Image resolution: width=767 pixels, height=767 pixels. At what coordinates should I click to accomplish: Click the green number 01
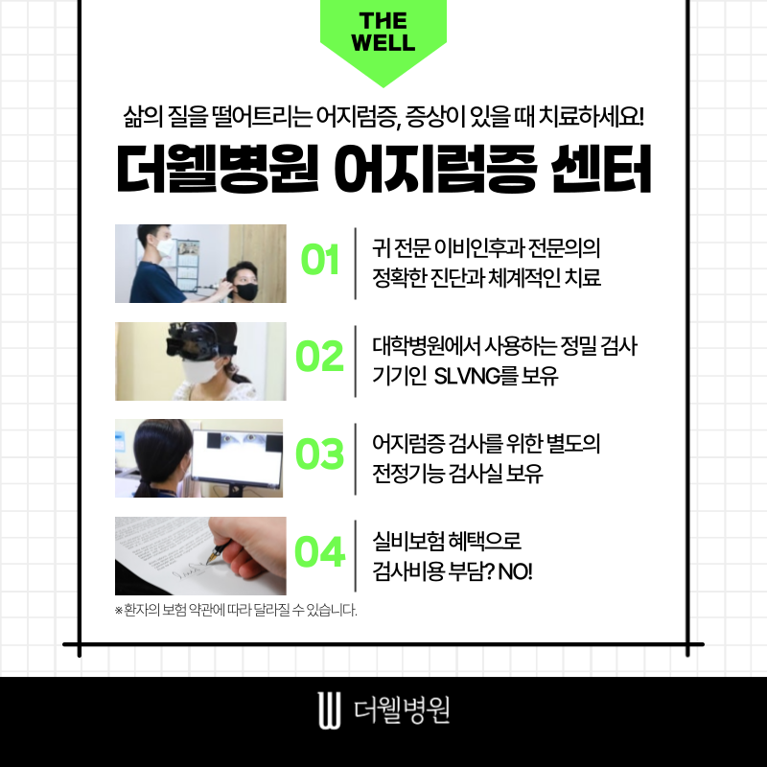[x=320, y=259]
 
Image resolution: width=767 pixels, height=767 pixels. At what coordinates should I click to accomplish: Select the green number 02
[x=320, y=356]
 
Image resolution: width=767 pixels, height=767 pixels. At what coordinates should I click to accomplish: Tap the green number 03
[x=320, y=453]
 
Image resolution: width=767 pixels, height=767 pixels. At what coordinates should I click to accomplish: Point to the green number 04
[x=320, y=552]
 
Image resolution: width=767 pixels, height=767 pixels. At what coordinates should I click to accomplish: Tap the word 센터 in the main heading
[x=601, y=169]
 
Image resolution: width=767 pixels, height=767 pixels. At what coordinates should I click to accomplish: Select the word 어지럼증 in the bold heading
[x=435, y=169]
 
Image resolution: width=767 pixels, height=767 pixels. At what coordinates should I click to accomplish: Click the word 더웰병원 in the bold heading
[x=218, y=169]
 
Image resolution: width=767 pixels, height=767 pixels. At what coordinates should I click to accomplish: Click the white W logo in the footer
[x=329, y=710]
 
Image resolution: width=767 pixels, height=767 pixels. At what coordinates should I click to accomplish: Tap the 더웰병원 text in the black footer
[x=402, y=710]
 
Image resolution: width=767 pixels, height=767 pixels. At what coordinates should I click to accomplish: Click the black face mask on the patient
[x=246, y=291]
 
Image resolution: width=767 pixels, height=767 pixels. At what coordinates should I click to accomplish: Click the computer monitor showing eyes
[x=237, y=461]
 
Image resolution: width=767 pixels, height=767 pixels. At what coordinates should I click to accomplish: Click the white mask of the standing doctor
[x=165, y=247]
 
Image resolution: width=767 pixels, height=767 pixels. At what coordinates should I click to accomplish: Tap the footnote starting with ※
[x=236, y=610]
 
